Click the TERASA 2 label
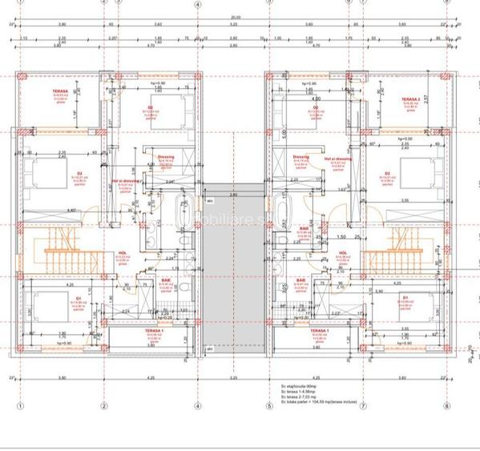point(410,100)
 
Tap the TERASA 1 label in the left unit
point(155,330)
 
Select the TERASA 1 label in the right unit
point(317,330)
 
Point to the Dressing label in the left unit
point(167,157)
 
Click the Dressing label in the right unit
point(301,157)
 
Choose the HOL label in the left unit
point(122,251)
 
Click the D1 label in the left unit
point(79,297)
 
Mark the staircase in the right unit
point(405,250)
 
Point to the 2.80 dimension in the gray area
point(233,195)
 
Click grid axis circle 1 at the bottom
point(18,406)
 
